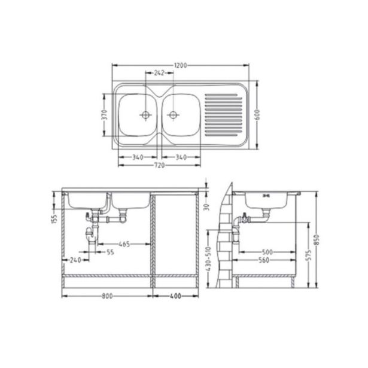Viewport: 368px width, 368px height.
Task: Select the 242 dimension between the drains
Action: tap(159, 72)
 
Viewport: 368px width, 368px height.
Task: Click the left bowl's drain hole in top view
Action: tap(144, 114)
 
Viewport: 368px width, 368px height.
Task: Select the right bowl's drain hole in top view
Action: tap(173, 114)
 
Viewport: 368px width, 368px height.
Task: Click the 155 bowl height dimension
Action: tap(54, 220)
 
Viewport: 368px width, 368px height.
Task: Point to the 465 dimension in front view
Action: tap(124, 244)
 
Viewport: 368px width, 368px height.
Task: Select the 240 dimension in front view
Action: tap(75, 260)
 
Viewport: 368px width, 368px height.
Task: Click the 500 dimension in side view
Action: tap(267, 252)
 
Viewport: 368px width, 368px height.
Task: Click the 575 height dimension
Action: tap(307, 254)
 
